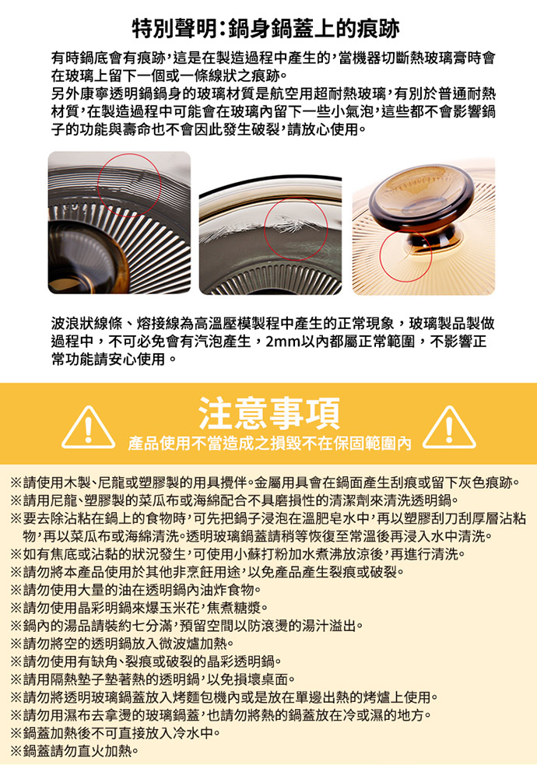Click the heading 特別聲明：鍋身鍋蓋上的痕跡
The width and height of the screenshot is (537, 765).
click(x=266, y=28)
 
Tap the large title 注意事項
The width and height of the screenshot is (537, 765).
click(x=268, y=412)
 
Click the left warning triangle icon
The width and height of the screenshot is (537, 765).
click(x=88, y=427)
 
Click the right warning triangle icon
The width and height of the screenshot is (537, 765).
click(x=449, y=427)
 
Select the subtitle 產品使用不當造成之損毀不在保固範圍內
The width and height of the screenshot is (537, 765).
click(x=269, y=443)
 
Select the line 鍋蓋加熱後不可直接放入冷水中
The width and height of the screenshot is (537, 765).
click(x=115, y=733)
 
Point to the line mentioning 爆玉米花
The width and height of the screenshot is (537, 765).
click(x=139, y=608)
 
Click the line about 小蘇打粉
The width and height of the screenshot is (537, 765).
click(x=238, y=554)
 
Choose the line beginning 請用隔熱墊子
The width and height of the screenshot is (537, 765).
click(x=153, y=679)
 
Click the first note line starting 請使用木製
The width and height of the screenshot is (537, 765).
click(x=264, y=483)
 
